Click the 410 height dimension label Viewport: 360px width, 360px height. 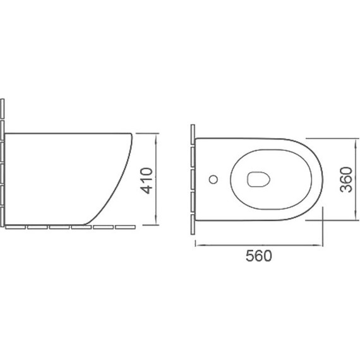coord(147,181)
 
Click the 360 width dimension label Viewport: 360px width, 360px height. coord(346,180)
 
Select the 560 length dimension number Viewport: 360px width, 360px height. coord(259,256)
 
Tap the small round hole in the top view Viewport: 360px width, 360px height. coord(213,179)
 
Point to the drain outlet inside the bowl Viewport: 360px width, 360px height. coord(258,179)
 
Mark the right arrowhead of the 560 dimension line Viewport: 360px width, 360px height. coord(318,245)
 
